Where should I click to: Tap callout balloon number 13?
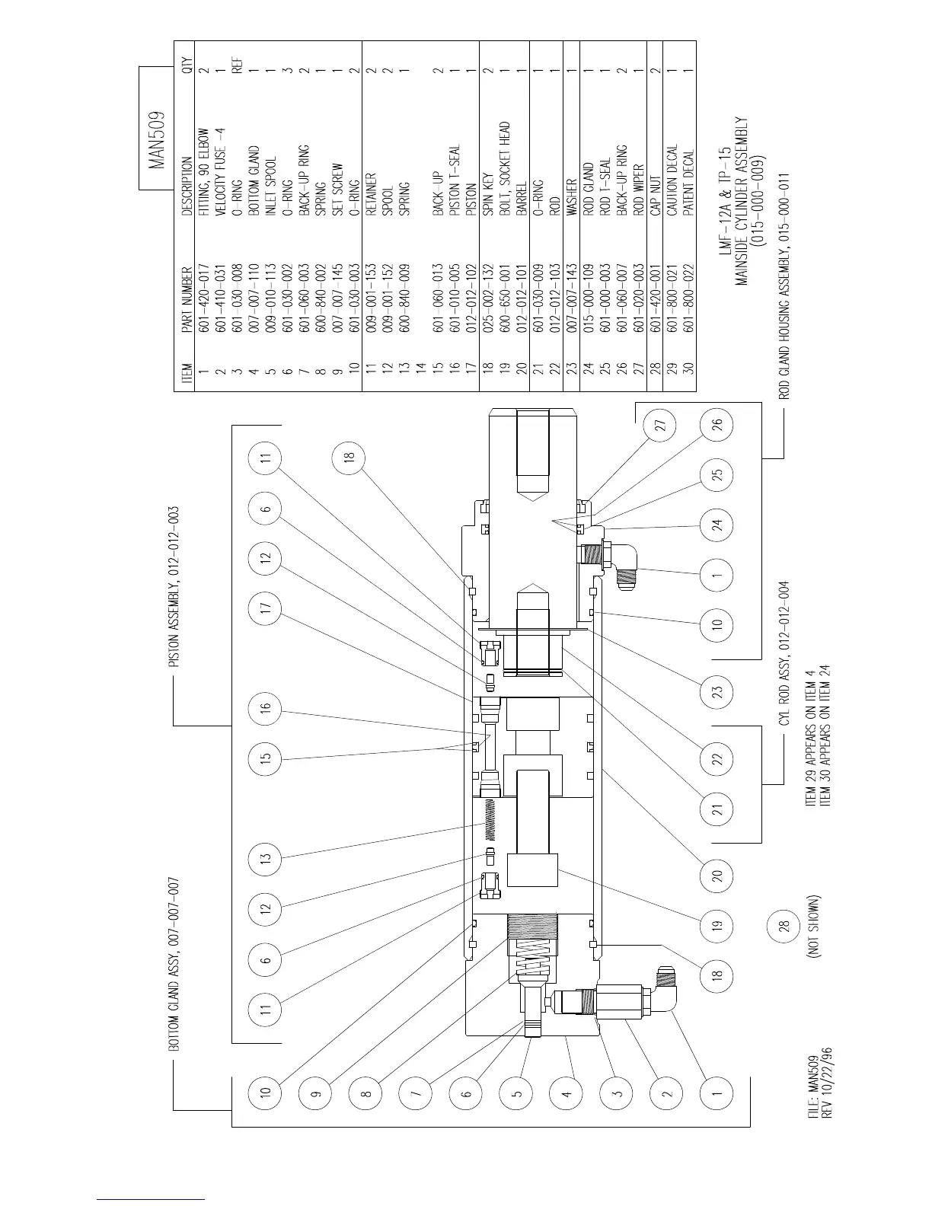coord(266,858)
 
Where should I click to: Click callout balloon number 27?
coord(660,424)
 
